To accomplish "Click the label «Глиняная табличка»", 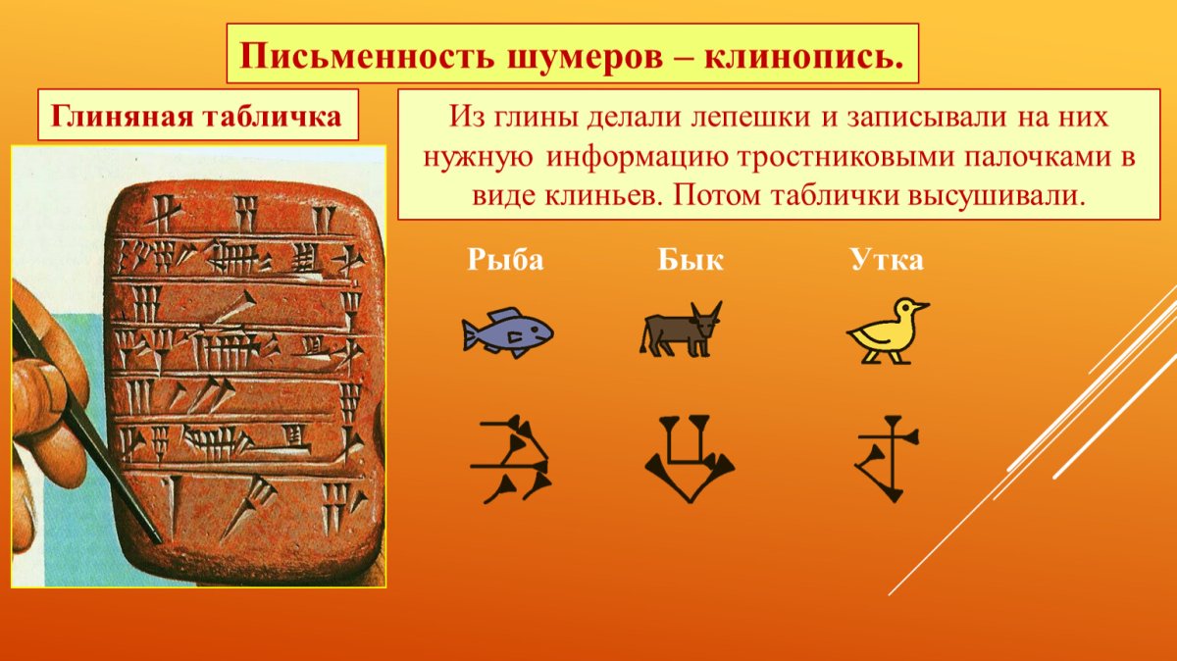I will coord(197,116).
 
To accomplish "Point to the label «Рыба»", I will coord(505,260).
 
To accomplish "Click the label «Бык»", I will coord(691,260).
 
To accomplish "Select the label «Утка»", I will coord(887,260).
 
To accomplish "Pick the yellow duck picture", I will coord(886,331).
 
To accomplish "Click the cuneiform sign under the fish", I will coord(510,460).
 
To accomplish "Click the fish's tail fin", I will coord(471,334).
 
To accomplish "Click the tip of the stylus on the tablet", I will coord(157,536).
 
